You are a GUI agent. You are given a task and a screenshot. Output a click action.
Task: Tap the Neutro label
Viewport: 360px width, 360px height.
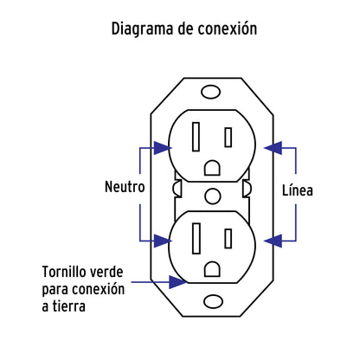tap(125, 187)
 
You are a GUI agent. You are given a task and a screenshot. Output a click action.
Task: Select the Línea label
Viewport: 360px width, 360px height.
tap(297, 190)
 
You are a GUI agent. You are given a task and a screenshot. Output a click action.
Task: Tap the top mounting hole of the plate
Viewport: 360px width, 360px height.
tap(209, 90)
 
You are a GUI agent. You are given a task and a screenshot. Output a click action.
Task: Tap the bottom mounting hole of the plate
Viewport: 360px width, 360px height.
tap(209, 303)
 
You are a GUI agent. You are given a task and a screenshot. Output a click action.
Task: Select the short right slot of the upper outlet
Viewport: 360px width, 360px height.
tap(228, 137)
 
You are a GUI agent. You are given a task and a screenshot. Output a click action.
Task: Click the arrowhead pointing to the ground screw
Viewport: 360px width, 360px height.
tap(177, 281)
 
